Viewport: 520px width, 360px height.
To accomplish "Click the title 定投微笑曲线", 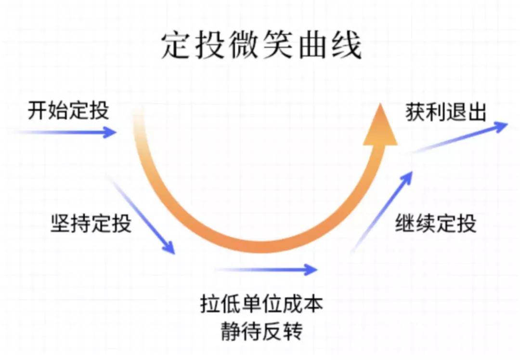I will coord(261,47).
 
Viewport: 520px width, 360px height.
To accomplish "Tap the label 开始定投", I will coord(68,110).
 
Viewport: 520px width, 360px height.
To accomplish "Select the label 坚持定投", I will coord(91,224).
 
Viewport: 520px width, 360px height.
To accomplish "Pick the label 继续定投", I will coord(436,224).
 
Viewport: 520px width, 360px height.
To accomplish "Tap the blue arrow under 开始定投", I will coord(67,132).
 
